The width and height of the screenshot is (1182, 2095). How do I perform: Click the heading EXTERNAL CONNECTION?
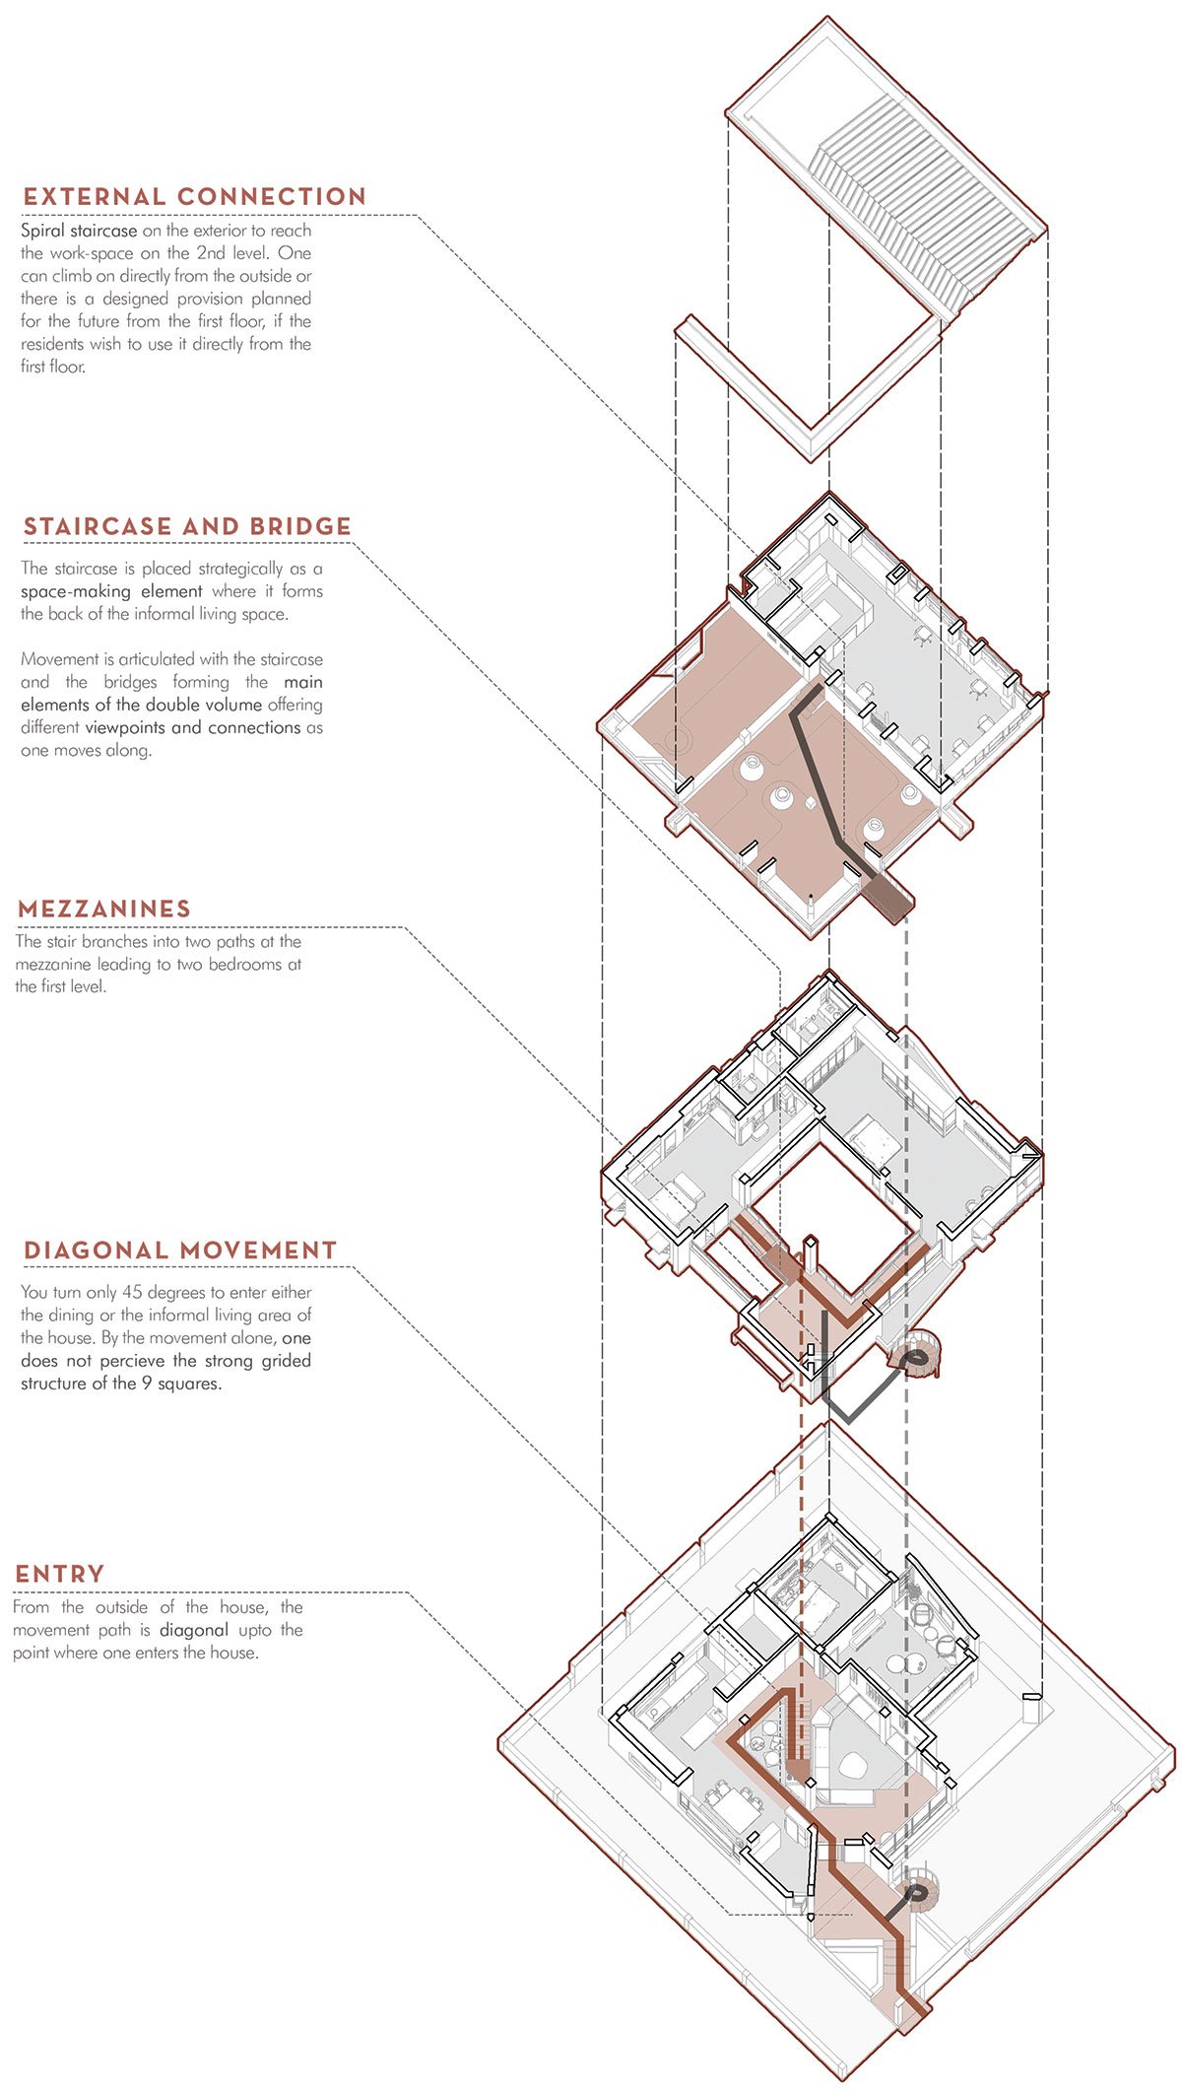coord(195,197)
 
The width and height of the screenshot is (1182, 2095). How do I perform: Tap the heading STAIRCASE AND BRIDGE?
coord(187,526)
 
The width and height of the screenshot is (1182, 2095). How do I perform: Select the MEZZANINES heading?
coord(104,909)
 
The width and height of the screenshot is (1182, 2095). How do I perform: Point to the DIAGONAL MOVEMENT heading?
coord(180,1250)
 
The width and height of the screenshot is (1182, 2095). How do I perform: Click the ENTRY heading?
coord(59,1574)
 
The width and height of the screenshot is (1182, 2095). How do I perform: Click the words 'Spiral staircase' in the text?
coord(79,232)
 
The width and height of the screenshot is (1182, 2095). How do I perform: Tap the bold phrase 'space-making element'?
coord(111,592)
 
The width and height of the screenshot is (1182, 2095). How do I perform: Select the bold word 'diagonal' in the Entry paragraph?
coord(194,1630)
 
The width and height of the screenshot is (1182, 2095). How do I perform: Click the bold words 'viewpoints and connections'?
coord(193,728)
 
